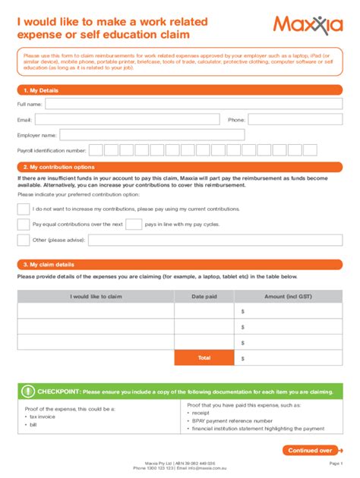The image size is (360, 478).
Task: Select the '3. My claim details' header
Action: [x=49, y=264]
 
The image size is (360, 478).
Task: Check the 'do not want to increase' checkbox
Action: [x=24, y=209]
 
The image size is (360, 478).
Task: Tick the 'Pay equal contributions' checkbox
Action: [x=24, y=225]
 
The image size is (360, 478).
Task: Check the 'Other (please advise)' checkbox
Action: [x=24, y=241]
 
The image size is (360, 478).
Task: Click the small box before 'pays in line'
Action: [x=133, y=225]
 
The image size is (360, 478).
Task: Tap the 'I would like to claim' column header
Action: [x=96, y=297]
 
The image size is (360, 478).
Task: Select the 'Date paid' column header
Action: [x=204, y=297]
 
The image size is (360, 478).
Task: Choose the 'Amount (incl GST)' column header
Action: [x=288, y=297]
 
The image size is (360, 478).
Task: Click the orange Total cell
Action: [x=204, y=357]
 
